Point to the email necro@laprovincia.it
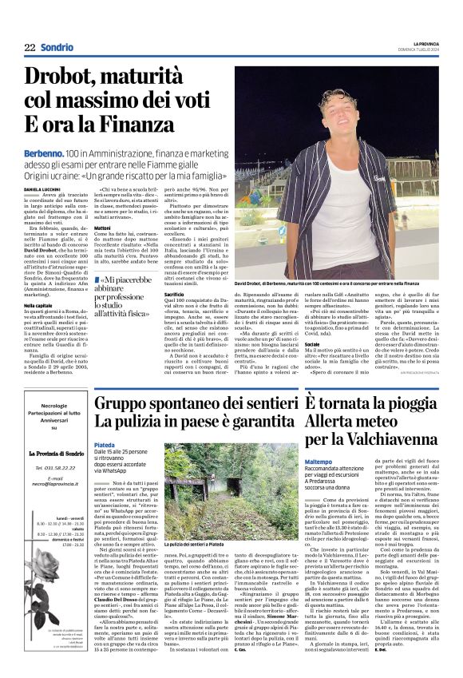click(52, 505)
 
